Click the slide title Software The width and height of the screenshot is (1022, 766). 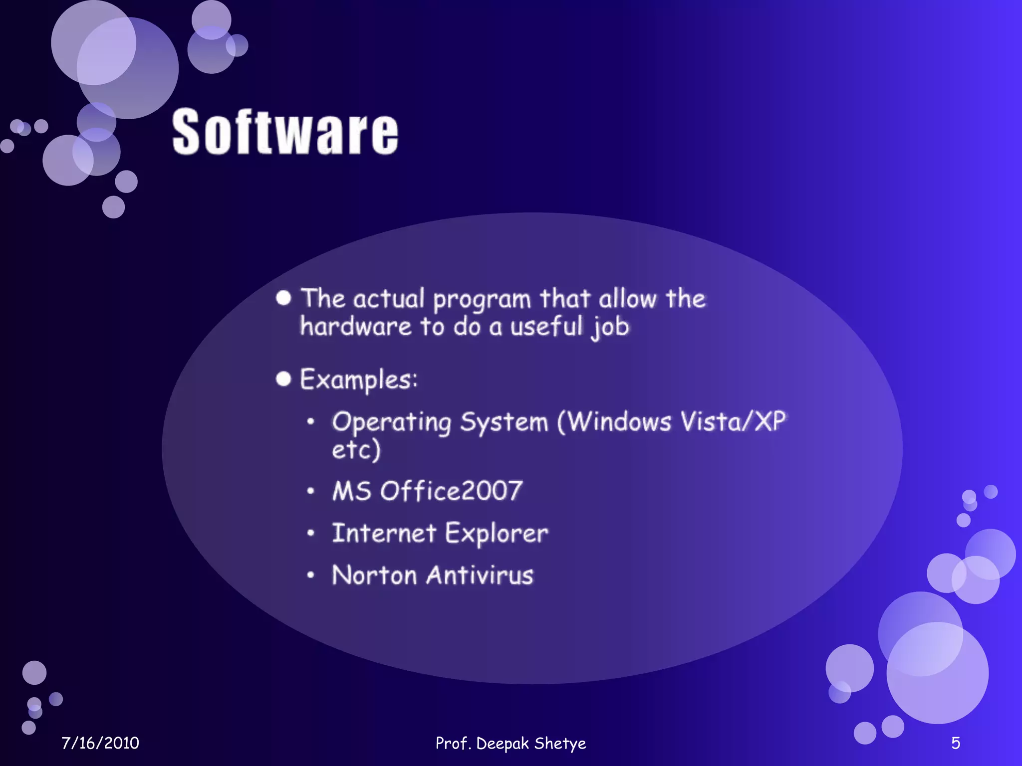[x=285, y=132]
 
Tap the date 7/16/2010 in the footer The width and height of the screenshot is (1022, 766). [x=100, y=743]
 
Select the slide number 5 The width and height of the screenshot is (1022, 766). [x=955, y=743]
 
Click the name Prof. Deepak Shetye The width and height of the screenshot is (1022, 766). [x=511, y=743]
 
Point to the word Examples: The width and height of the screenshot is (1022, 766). [x=358, y=380]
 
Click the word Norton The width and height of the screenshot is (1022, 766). [x=374, y=575]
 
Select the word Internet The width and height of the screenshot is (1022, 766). [x=384, y=533]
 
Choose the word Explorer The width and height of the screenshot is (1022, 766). [x=497, y=534]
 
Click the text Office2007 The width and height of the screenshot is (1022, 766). [x=451, y=491]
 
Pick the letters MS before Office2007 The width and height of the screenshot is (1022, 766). [x=352, y=491]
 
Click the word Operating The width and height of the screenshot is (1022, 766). [x=392, y=423]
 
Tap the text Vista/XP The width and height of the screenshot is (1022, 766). [x=733, y=421]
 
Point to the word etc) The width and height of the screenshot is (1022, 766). [x=356, y=450]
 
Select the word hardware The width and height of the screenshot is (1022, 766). [x=356, y=327]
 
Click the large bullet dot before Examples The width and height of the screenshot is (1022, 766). [x=283, y=379]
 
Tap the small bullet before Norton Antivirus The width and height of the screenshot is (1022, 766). [x=311, y=575]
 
